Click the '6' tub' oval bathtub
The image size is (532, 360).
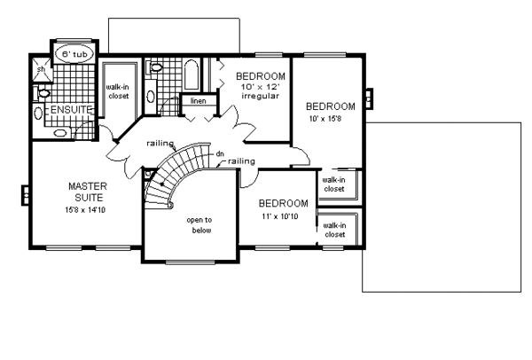74,54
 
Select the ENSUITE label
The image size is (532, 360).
71,110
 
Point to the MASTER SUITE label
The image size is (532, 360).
88,192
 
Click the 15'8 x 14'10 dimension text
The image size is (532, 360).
85,210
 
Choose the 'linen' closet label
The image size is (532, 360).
198,101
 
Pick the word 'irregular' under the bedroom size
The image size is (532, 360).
260,96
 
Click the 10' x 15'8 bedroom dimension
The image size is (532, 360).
325,119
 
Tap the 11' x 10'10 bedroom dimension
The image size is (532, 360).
280,216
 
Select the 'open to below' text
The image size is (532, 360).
199,225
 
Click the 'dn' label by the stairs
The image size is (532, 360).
220,154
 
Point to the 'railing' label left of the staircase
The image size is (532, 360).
160,144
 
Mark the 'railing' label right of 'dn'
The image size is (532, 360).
241,161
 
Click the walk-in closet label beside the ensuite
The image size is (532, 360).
118,91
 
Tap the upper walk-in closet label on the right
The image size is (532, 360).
334,184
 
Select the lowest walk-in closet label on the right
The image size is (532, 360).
335,230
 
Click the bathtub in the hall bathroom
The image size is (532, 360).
192,75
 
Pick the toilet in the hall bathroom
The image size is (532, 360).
154,67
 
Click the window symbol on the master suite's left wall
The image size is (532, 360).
26,195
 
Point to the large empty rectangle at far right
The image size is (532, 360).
442,207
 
